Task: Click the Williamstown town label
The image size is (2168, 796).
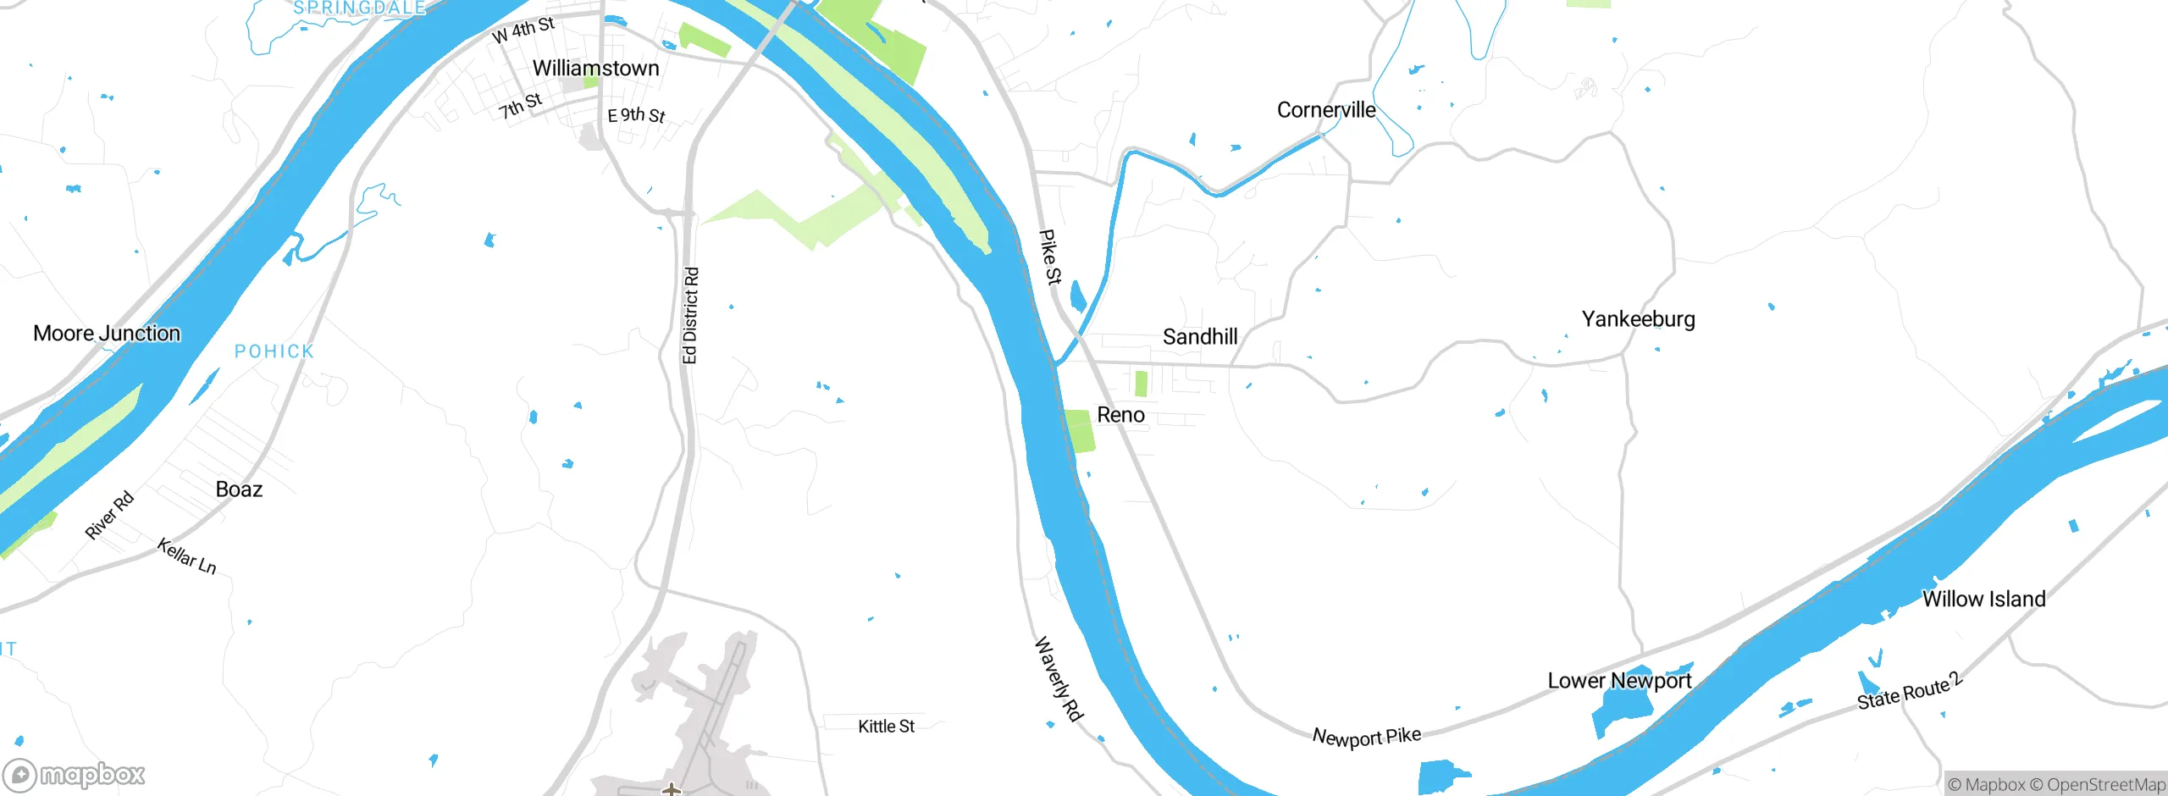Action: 595,69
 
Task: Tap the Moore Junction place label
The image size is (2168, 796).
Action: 107,334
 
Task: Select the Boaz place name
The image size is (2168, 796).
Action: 239,489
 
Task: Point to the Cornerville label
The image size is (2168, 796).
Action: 1326,110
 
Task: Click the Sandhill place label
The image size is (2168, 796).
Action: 1200,337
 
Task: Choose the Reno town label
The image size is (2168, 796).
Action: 1120,415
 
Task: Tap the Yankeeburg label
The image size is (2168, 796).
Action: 1638,319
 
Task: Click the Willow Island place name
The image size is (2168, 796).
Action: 1983,600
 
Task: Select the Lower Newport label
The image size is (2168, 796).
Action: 1619,681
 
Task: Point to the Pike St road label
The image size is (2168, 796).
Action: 1050,257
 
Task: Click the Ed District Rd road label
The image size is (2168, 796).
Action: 691,316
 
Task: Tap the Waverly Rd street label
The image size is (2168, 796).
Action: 1058,679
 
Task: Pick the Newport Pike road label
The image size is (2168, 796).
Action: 1366,737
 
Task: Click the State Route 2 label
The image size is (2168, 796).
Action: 1909,691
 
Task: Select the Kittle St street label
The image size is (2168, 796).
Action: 886,727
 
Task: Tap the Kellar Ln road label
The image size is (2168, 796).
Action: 186,556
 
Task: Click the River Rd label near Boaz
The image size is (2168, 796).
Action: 109,515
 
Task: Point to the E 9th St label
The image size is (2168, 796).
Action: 636,115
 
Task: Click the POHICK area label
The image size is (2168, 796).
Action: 274,351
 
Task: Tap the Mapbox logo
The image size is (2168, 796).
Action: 75,774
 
